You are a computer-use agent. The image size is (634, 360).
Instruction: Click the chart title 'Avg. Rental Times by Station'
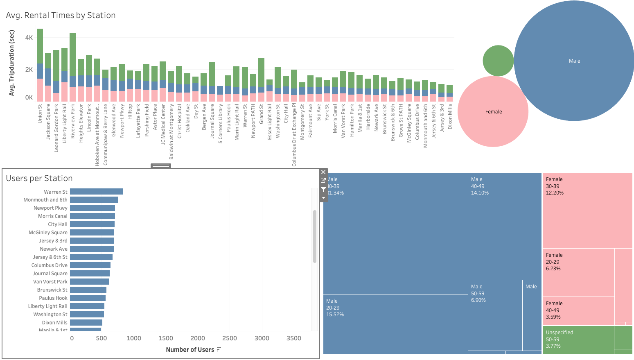(x=61, y=15)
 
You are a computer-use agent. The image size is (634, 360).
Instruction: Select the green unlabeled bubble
(x=498, y=61)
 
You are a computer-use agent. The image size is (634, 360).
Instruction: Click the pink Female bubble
(x=493, y=111)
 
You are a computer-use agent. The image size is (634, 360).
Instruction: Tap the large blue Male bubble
(x=574, y=61)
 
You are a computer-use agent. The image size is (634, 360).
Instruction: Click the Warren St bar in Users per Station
(x=96, y=192)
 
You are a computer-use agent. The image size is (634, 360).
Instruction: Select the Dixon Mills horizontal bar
(x=86, y=323)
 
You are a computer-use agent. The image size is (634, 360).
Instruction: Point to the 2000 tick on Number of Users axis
(x=198, y=338)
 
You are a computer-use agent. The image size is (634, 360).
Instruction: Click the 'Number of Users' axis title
(x=190, y=350)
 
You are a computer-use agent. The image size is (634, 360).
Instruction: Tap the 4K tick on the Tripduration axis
(x=29, y=38)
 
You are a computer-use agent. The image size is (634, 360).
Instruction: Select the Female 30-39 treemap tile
(x=587, y=210)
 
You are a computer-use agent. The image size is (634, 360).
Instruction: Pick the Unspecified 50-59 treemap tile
(x=578, y=340)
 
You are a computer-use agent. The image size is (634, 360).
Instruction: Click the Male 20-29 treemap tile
(x=395, y=324)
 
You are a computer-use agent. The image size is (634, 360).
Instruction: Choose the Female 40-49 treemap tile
(x=578, y=310)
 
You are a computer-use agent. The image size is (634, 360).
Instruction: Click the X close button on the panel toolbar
(x=323, y=172)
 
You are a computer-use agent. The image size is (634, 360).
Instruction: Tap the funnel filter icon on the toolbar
(x=323, y=189)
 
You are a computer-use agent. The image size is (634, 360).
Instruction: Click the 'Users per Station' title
(x=39, y=178)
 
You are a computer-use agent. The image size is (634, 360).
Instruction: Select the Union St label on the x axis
(x=40, y=113)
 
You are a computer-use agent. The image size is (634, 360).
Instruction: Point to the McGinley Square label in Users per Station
(x=48, y=233)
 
